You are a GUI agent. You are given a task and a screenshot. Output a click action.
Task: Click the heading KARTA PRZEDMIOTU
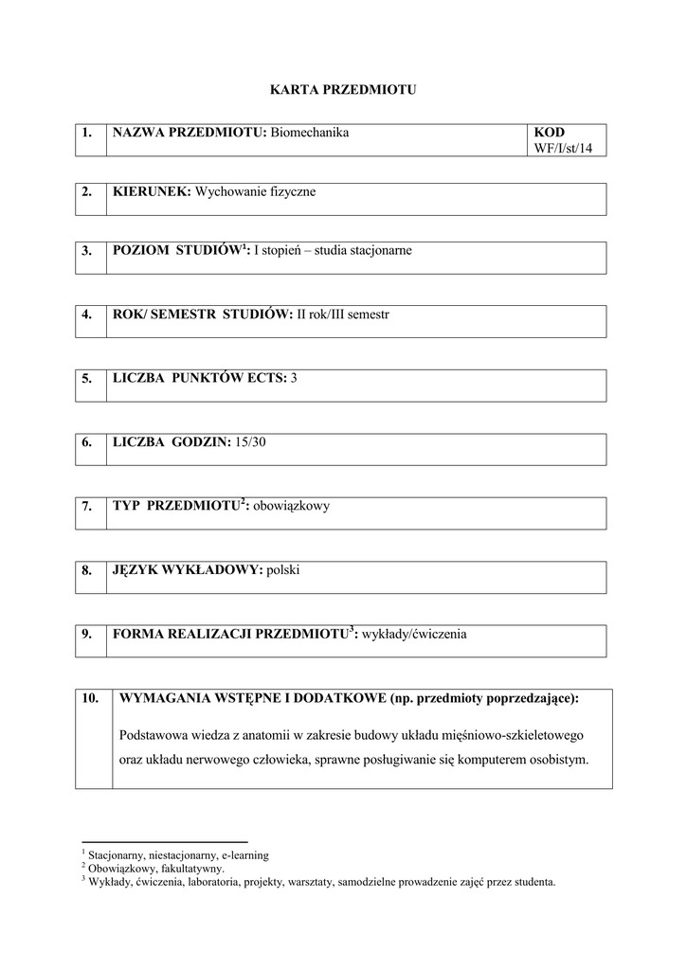[x=344, y=90]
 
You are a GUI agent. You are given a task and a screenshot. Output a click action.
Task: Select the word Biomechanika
[x=310, y=133]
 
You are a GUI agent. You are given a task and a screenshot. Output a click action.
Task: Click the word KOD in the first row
[x=550, y=133]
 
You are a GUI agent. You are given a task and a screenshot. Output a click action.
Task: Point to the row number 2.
[x=87, y=192]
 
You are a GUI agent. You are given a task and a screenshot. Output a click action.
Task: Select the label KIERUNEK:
[x=152, y=192]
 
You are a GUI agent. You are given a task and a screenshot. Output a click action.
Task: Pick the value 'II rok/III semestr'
[x=343, y=314]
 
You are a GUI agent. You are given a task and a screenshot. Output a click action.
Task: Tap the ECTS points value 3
[x=295, y=378]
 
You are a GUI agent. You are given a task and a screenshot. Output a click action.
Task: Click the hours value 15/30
[x=251, y=442]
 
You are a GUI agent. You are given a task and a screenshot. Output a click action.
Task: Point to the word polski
[x=283, y=570]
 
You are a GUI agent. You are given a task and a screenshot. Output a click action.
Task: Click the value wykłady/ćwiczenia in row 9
[x=413, y=635]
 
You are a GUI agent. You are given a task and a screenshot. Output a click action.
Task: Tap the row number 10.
[x=91, y=699]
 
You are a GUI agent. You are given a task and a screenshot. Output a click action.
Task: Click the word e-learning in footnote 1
[x=245, y=855]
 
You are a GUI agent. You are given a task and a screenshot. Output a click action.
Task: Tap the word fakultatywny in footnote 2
[x=193, y=868]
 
